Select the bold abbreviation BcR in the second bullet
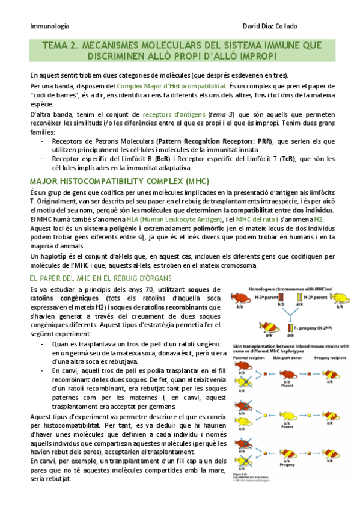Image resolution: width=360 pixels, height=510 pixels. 162,159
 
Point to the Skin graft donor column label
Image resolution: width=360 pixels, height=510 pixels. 288,357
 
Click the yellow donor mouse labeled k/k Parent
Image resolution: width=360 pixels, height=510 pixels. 288,416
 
